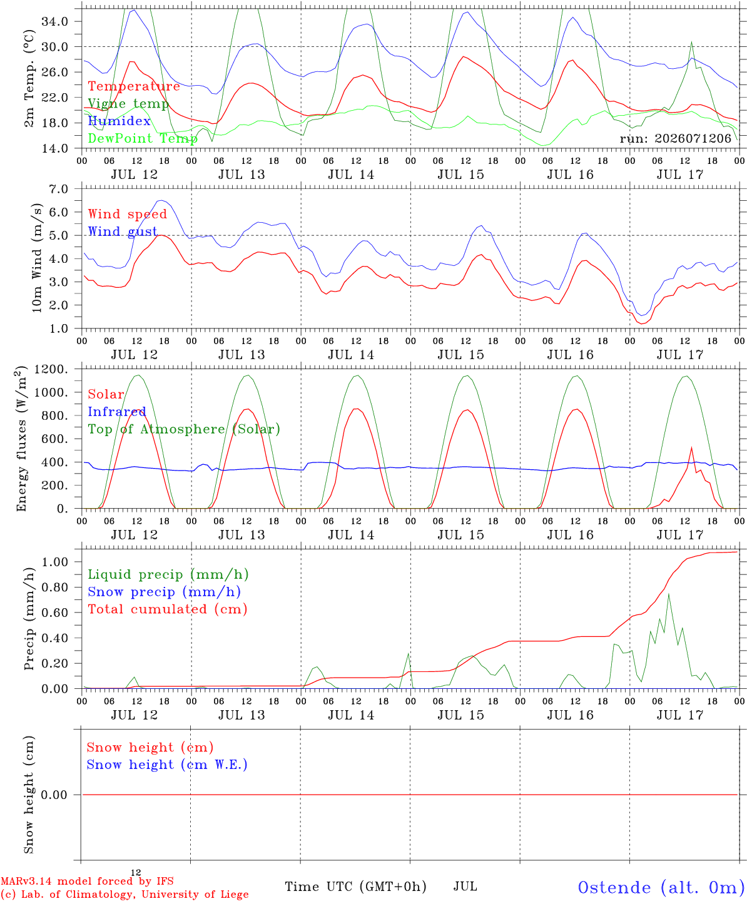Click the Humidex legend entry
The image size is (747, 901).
[119, 121]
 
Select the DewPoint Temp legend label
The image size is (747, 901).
[143, 138]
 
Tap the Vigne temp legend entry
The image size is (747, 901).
[128, 104]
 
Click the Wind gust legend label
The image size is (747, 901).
[123, 232]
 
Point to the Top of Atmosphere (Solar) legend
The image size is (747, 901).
[184, 429]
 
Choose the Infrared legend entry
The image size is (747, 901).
[117, 412]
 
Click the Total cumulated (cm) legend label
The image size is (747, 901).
[168, 609]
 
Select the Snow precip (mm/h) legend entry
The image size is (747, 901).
[164, 592]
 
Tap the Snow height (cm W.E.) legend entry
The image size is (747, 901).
[167, 765]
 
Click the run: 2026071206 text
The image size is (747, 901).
[675, 138]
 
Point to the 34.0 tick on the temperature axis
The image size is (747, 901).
[55, 21]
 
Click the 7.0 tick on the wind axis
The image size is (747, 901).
[59, 189]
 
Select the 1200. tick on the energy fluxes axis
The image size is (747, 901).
[51, 369]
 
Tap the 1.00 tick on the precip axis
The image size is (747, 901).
[55, 562]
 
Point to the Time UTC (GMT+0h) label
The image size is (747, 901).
[355, 887]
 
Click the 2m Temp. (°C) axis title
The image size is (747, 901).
[29, 79]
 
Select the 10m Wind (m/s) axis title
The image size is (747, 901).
[37, 258]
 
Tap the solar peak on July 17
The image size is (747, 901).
[692, 447]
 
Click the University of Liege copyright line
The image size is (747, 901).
[124, 895]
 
